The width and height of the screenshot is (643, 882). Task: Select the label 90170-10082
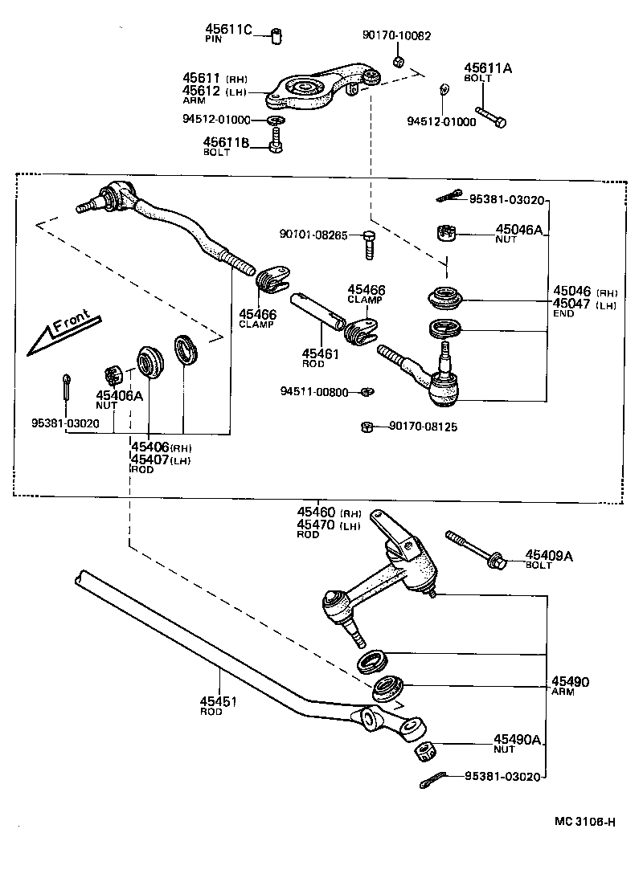click(396, 35)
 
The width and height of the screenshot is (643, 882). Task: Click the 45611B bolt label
click(227, 142)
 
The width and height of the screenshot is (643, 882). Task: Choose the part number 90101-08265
click(313, 235)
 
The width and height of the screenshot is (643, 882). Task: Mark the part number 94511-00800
click(314, 392)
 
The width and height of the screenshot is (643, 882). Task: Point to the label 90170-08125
click(423, 427)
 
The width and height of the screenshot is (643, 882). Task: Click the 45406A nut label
click(119, 394)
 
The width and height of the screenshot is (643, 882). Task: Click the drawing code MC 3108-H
click(584, 821)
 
